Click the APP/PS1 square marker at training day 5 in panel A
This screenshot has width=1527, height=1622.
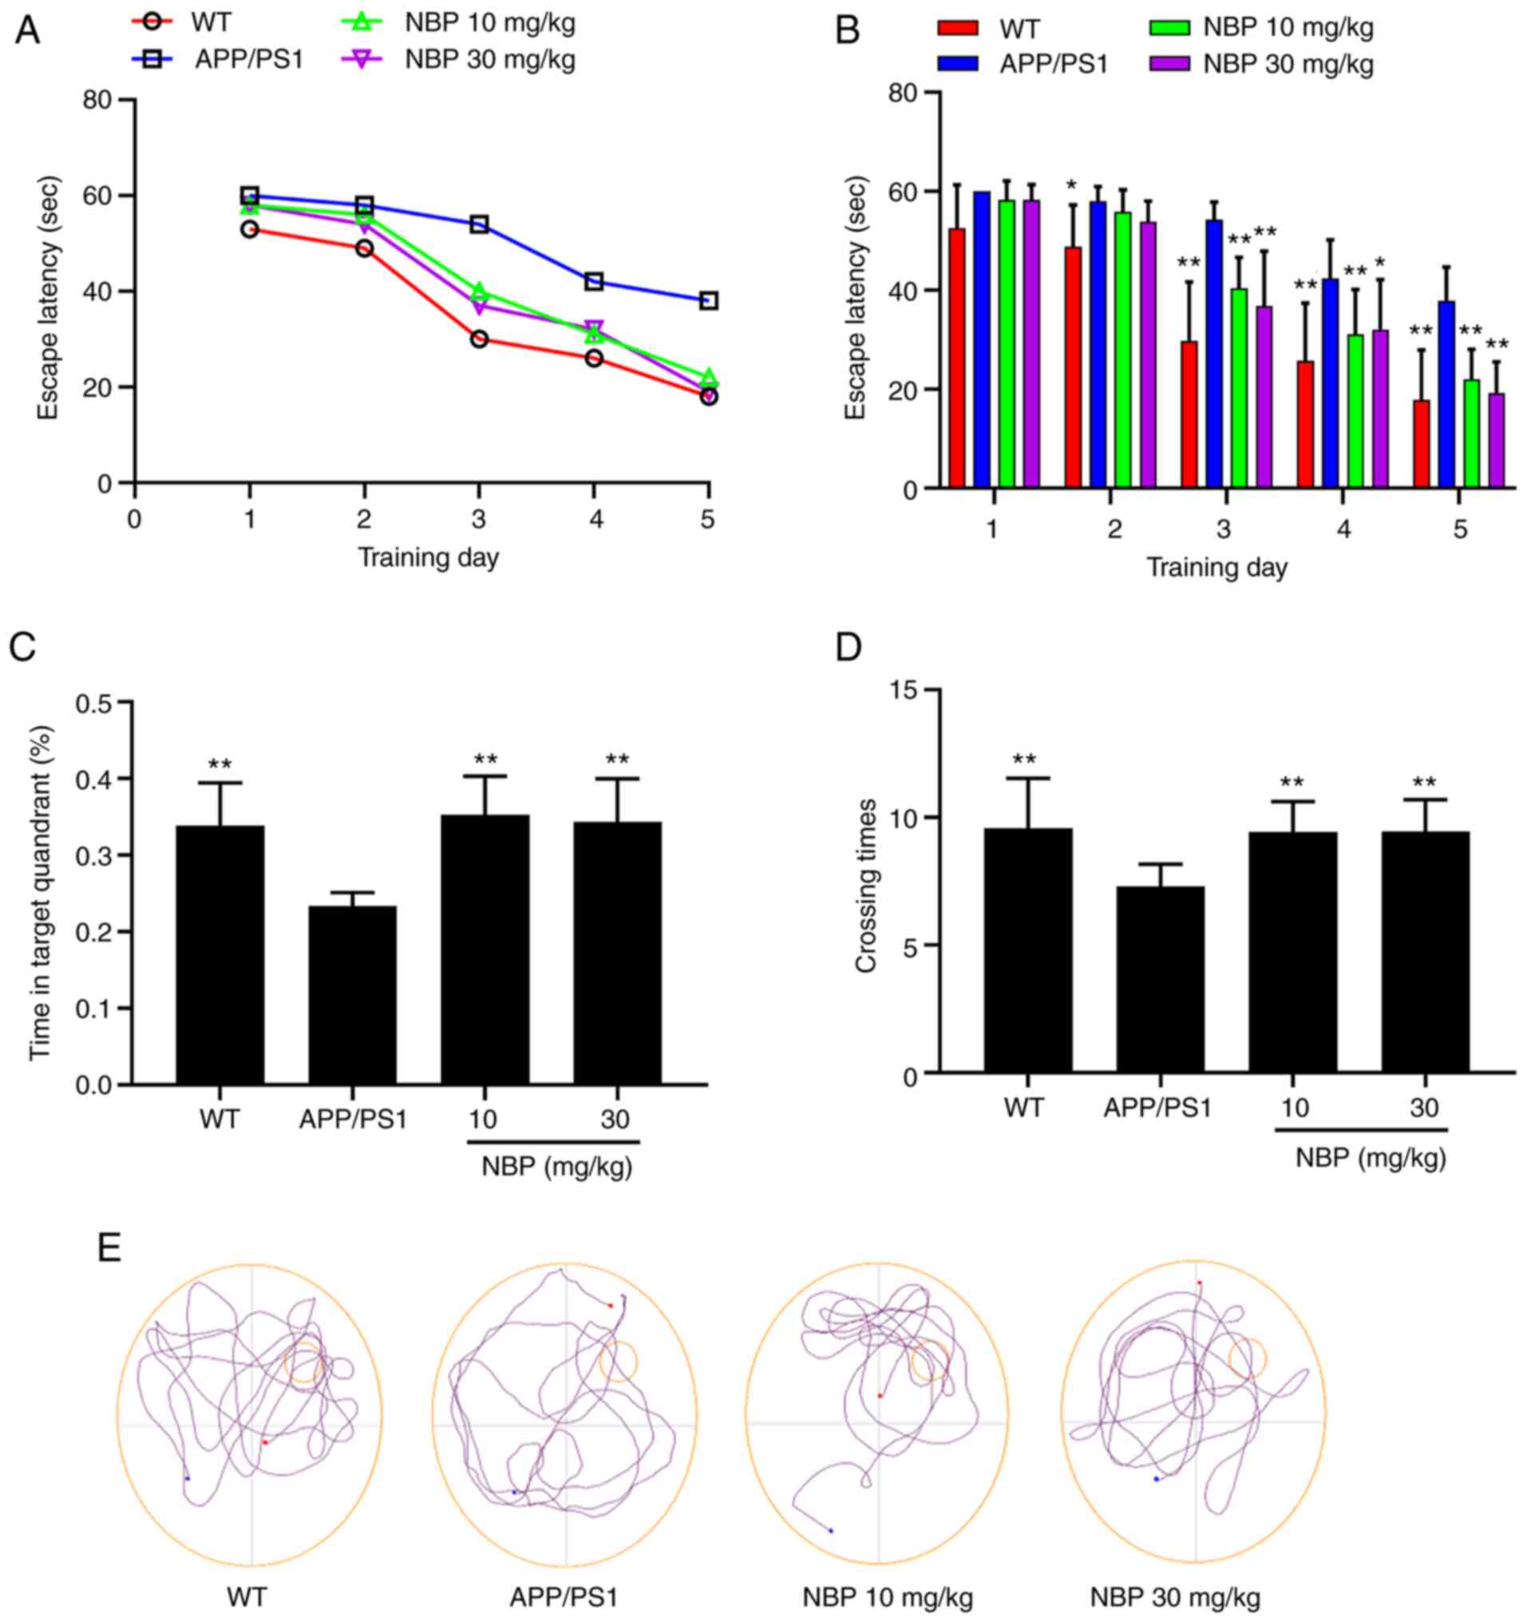pos(709,301)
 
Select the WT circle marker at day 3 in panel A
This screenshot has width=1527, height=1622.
pos(479,339)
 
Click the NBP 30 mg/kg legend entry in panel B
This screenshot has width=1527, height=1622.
pos(1260,64)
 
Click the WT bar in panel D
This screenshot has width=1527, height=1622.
pos(1028,950)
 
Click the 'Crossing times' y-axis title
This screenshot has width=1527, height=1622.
pos(866,886)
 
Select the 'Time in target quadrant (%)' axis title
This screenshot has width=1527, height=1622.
pos(42,893)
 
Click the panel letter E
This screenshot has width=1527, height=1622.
pos(109,1248)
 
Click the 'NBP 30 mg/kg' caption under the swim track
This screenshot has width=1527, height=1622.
pos(1175,1596)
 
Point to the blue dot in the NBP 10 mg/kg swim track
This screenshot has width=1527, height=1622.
pos(831,1531)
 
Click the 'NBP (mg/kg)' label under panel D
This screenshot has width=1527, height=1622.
pos(1371,1160)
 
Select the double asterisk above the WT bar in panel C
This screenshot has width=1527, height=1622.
pos(220,765)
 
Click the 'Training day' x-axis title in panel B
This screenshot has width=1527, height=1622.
pos(1217,568)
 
